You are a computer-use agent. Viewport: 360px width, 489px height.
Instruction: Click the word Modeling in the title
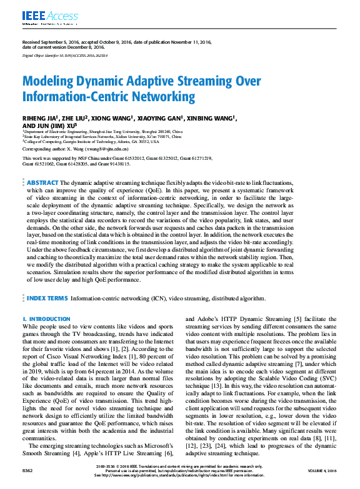[x=50, y=81]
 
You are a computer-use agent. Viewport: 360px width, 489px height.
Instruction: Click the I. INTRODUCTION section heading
[x=46, y=319]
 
